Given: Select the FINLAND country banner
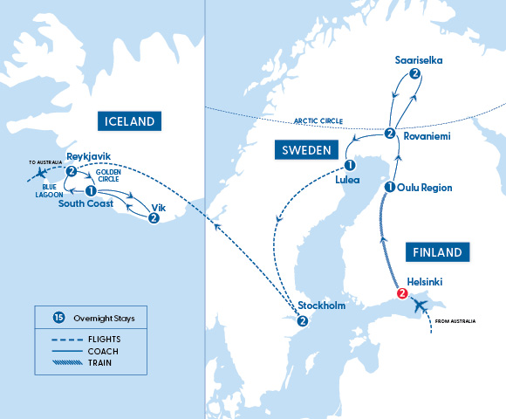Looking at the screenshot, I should pyautogui.click(x=439, y=252).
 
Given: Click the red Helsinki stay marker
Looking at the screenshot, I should pyautogui.click(x=402, y=293).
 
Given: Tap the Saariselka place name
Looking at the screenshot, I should pyautogui.click(x=418, y=58).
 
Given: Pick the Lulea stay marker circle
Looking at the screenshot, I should pyautogui.click(x=349, y=165).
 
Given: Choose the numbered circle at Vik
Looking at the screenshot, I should pyautogui.click(x=154, y=218).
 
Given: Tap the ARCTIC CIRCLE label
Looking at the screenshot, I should pyautogui.click(x=322, y=121).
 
